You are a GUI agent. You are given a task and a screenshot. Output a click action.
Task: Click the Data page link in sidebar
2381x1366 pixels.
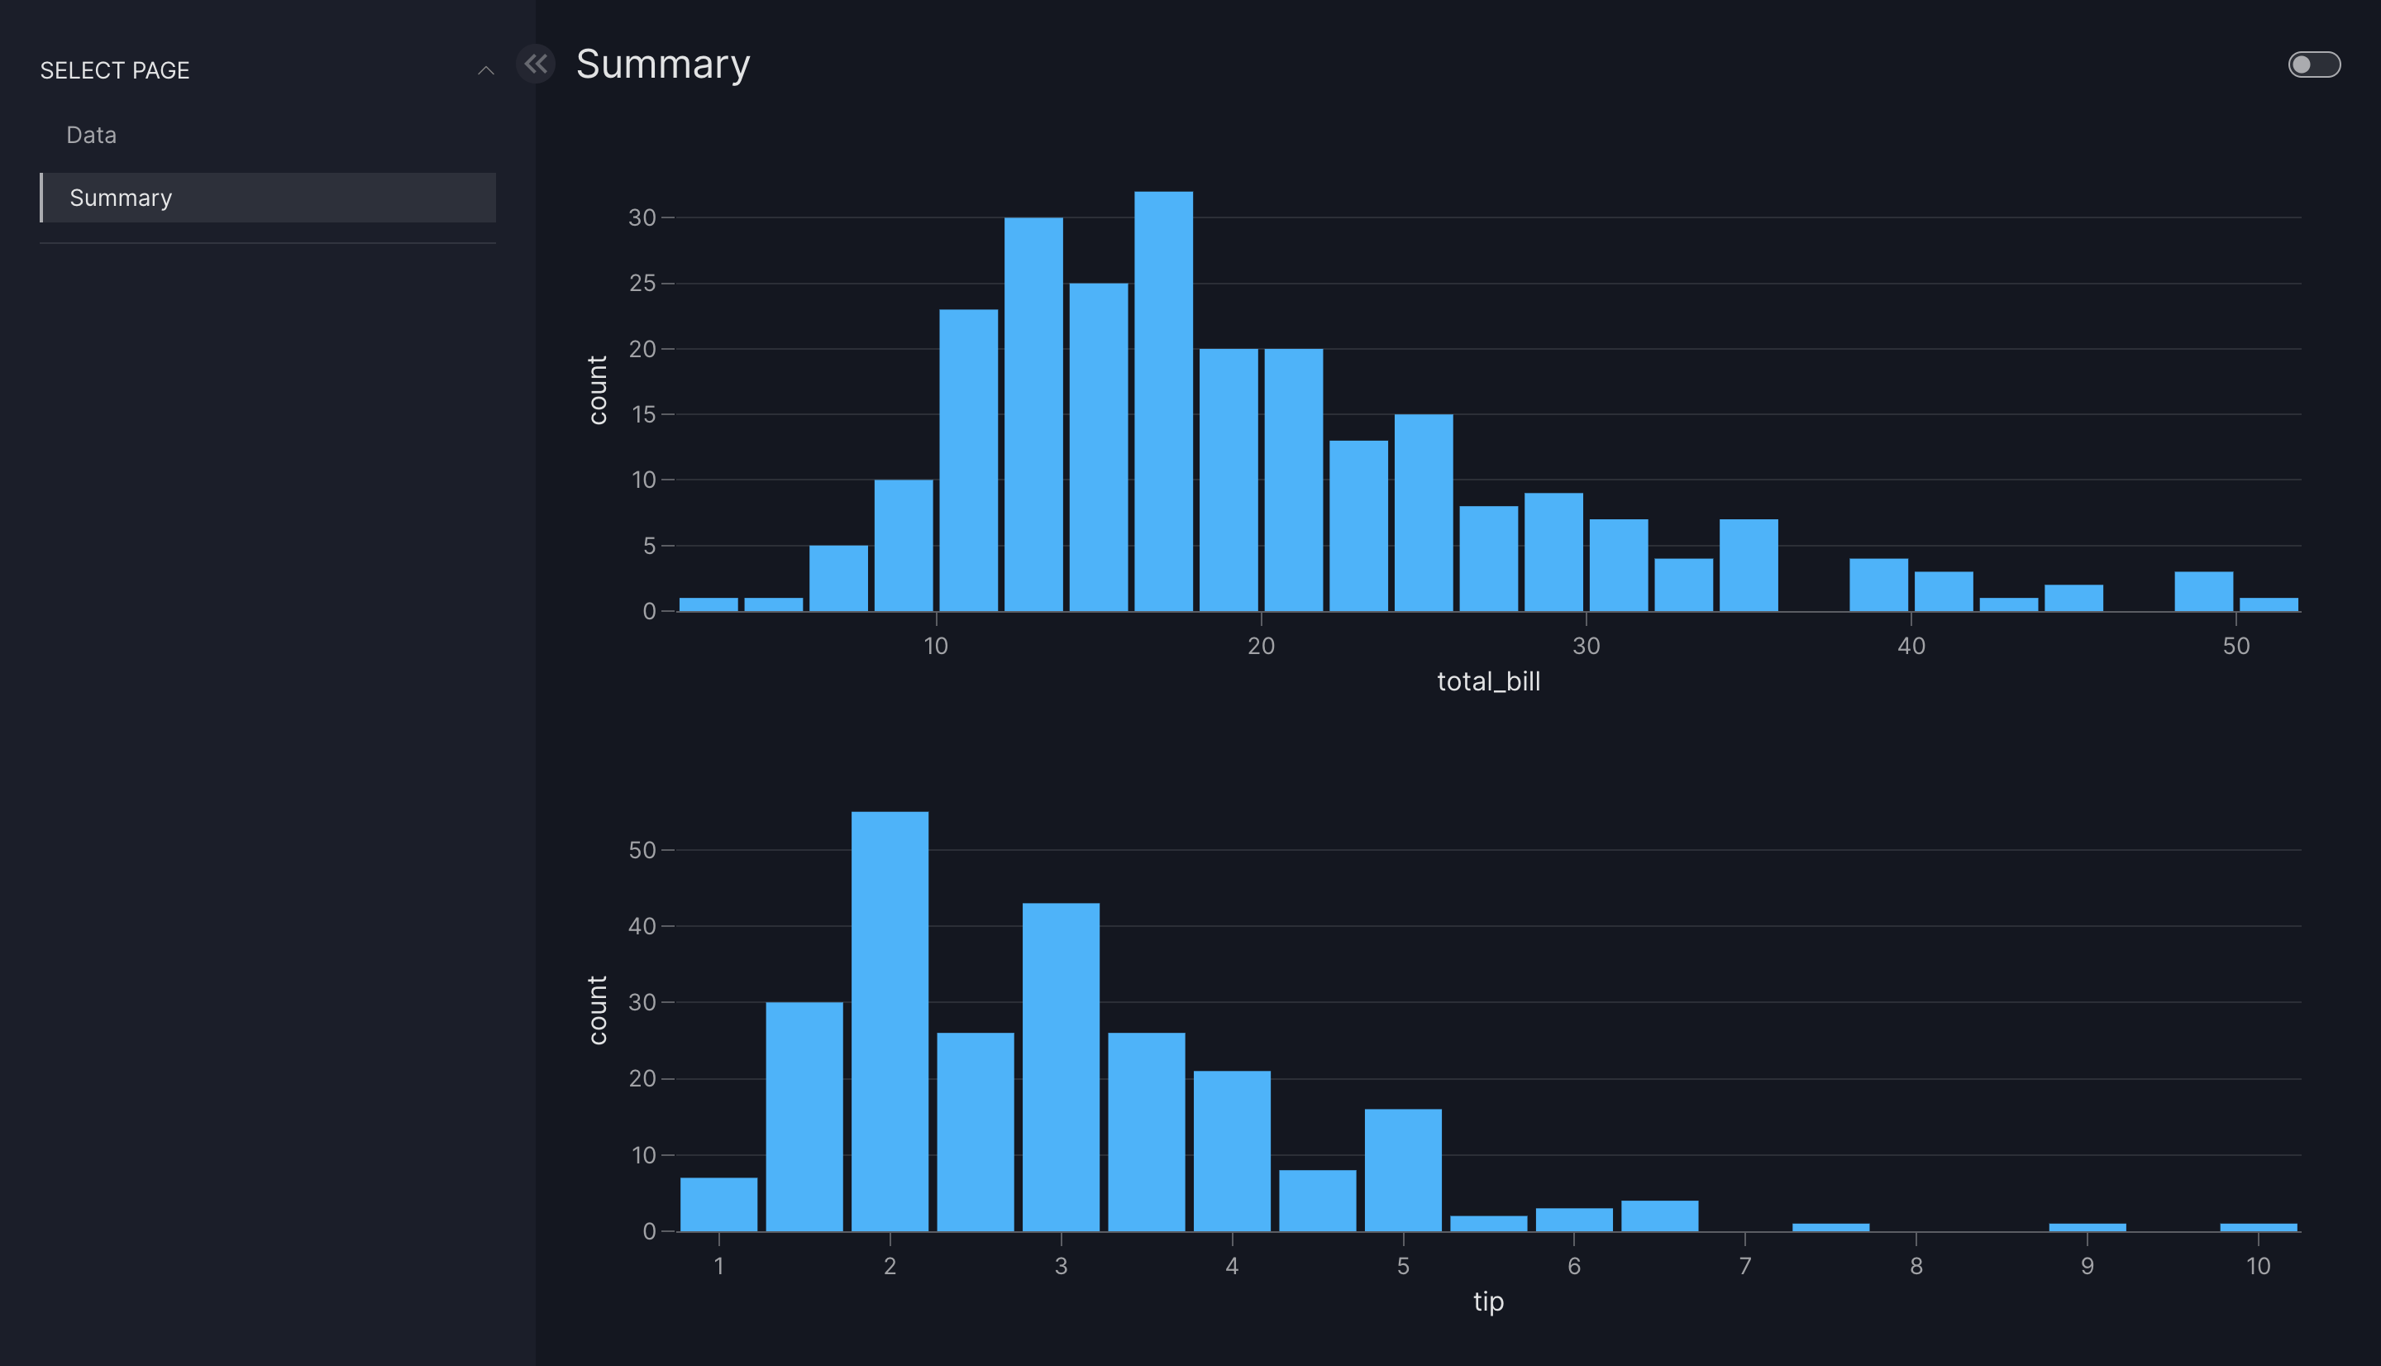92,135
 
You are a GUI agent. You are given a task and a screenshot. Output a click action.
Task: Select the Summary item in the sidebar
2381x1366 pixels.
121,198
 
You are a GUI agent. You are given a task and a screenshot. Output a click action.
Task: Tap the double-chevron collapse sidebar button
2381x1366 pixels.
536,64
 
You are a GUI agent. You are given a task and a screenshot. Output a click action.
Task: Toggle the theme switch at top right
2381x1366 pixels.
2313,64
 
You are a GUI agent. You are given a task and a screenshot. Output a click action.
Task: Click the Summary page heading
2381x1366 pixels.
662,64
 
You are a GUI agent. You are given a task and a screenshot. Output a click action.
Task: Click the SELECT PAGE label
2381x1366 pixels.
114,70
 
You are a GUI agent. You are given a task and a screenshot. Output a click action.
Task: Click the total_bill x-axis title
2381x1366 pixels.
1488,681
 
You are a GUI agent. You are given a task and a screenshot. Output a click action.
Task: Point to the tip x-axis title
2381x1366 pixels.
1488,1302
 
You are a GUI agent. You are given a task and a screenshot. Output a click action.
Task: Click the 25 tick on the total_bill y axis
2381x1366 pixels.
642,284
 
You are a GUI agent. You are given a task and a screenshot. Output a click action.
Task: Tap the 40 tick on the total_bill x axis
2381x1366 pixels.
1911,646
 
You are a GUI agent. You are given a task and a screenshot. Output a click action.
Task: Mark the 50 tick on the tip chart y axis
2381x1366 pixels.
642,850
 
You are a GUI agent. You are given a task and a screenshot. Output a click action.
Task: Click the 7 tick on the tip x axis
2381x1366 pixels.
1744,1266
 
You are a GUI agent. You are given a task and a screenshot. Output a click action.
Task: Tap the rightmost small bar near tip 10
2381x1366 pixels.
2258,1226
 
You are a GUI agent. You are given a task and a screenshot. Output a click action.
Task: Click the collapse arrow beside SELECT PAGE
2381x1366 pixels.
486,70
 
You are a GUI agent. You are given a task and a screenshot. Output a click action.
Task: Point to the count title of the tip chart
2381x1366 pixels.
598,1010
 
